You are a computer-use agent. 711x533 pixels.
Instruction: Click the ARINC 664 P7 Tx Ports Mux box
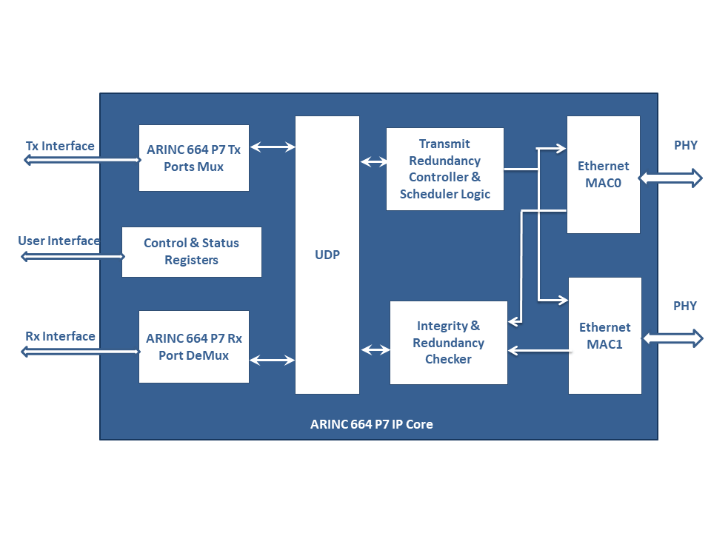[193, 158]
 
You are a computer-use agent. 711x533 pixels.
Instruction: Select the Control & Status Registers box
[191, 252]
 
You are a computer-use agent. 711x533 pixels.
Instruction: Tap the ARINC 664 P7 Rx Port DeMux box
[193, 346]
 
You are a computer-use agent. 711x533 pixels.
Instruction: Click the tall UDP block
[327, 255]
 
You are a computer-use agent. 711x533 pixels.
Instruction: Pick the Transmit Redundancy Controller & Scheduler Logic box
[445, 169]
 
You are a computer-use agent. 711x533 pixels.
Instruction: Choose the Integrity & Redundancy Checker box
[449, 343]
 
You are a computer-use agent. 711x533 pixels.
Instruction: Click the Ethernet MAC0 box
[603, 175]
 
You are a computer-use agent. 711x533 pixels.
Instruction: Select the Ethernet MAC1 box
[604, 335]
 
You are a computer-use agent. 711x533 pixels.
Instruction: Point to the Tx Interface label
[60, 146]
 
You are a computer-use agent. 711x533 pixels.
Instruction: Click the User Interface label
[59, 241]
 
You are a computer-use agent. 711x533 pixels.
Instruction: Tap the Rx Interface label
[60, 336]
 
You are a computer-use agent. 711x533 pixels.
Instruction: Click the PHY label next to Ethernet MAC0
[685, 145]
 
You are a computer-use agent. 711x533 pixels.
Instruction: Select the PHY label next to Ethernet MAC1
[684, 306]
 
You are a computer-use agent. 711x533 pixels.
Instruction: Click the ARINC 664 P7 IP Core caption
[371, 424]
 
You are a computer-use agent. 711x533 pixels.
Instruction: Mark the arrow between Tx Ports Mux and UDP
[273, 147]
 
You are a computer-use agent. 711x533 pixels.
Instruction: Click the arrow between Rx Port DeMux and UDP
[272, 361]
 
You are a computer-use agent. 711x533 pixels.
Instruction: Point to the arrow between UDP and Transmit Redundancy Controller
[373, 161]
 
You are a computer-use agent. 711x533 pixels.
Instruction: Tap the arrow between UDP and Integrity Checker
[375, 349]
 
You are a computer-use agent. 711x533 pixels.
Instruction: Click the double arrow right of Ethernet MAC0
[671, 178]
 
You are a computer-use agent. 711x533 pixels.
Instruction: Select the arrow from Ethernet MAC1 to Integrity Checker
[539, 350]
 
